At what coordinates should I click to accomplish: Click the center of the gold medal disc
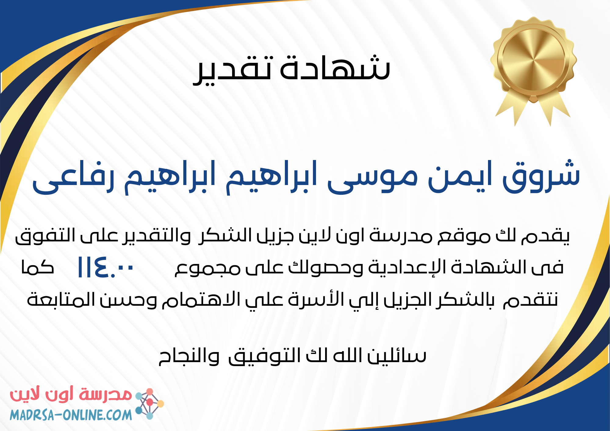pos(533,58)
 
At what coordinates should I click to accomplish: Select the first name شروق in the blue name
pos(541,177)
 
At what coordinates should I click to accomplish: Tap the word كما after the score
pos(38,267)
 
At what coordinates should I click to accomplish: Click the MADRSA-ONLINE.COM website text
pos(71,415)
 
